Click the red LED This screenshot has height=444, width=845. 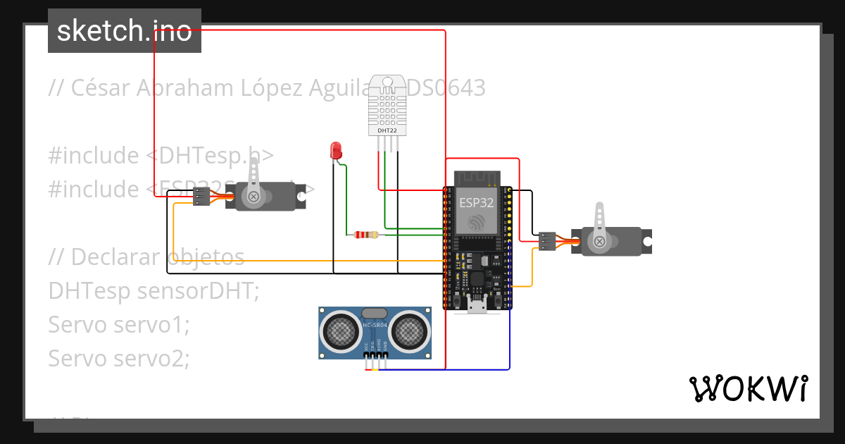(x=336, y=150)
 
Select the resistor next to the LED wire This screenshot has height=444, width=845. (x=365, y=234)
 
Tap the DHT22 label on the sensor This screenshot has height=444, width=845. (x=387, y=130)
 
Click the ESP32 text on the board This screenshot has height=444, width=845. (x=477, y=202)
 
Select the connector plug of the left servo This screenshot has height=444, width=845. (x=201, y=197)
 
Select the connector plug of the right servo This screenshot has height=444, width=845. (x=547, y=241)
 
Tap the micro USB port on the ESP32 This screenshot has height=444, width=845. (x=477, y=304)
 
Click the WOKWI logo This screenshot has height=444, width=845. (x=748, y=388)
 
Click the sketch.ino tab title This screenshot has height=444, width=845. (x=125, y=31)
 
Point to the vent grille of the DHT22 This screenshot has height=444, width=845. (x=387, y=106)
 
